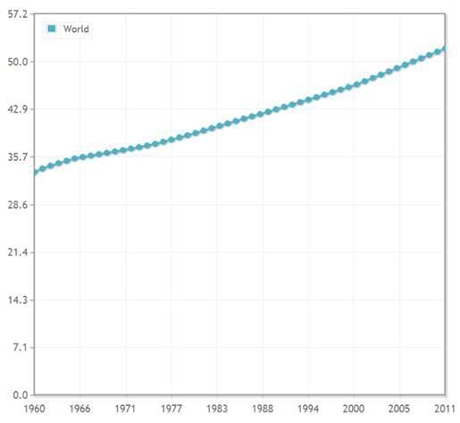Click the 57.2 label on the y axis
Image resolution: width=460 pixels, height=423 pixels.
pos(18,14)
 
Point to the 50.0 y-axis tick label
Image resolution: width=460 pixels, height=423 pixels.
pos(18,62)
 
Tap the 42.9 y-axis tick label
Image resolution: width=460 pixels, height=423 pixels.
pos(18,109)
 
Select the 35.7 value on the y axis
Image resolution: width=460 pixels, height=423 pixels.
pos(18,157)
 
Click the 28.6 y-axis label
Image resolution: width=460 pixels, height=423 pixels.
pos(18,205)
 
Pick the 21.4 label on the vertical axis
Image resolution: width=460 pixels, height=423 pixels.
pos(18,252)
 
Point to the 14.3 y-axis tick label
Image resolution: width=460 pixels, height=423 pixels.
pos(18,300)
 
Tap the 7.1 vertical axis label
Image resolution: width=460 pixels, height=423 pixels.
pos(21,348)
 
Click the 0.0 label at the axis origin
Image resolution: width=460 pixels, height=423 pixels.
pos(21,395)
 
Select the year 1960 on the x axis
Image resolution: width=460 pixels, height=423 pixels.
pos(35,409)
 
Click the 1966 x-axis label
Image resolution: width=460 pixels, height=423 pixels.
pos(79,409)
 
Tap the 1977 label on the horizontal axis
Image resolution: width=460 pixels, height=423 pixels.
pos(171,409)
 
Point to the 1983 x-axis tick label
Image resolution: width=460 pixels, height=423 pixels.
pos(217,409)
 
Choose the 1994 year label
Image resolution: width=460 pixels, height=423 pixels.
pos(308,409)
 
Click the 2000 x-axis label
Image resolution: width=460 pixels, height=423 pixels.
pos(354,409)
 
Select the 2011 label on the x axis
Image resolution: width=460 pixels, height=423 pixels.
pos(445,409)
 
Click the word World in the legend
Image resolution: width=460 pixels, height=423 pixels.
pos(76,29)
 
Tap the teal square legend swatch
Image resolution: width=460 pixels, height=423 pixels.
pos(52,29)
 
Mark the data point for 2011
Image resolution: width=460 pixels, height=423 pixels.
pos(445,49)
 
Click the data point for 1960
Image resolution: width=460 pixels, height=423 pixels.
pos(35,172)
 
